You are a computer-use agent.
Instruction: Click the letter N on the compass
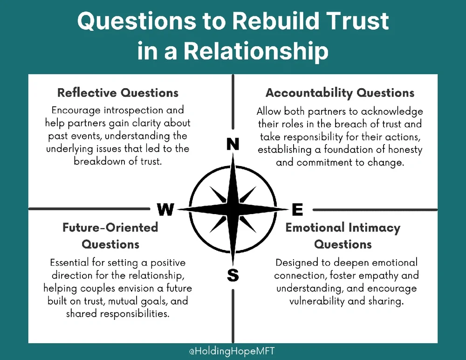(x=232, y=145)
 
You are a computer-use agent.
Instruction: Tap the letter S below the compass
(x=233, y=275)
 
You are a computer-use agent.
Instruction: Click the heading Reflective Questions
(x=118, y=92)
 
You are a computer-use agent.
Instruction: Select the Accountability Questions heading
(x=340, y=92)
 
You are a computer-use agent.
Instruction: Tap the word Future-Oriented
(x=110, y=228)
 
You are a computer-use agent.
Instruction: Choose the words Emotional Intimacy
(x=343, y=228)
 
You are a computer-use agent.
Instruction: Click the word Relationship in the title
(x=256, y=51)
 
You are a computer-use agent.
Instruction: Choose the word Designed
(x=297, y=263)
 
